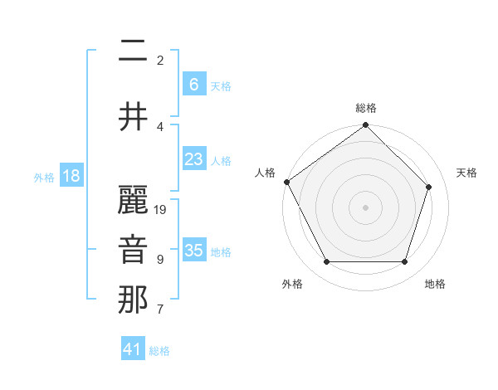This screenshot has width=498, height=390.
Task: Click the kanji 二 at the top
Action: click(x=133, y=51)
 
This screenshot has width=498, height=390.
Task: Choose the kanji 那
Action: click(x=133, y=300)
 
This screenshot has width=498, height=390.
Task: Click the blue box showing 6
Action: click(x=193, y=84)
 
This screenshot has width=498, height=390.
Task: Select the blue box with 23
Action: click(x=193, y=159)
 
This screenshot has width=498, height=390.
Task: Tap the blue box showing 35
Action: click(x=193, y=251)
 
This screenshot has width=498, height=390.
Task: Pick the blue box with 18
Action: click(x=71, y=177)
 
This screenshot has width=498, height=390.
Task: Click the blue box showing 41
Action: click(x=133, y=349)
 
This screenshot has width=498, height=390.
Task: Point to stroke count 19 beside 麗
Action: click(x=161, y=210)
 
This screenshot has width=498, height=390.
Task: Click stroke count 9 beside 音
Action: click(x=160, y=260)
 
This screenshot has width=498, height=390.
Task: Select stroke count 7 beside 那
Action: click(x=160, y=310)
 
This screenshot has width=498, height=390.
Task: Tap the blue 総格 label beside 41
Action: click(x=159, y=351)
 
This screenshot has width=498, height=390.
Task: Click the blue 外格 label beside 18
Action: click(x=44, y=178)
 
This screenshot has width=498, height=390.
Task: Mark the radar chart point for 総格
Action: click(x=365, y=126)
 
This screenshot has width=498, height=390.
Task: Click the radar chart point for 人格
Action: click(x=287, y=182)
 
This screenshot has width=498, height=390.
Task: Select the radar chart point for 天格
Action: click(x=429, y=187)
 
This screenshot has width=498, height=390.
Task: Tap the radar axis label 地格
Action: click(x=435, y=284)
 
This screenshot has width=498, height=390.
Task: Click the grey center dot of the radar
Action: click(x=365, y=207)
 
